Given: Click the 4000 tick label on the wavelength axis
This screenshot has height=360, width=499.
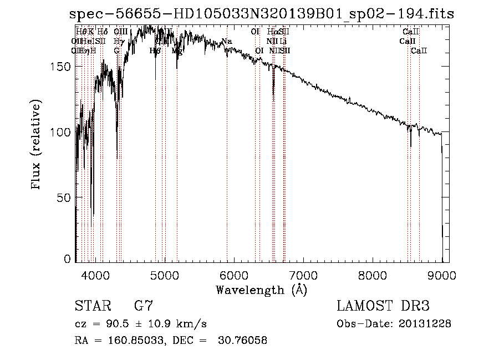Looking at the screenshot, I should [95, 274].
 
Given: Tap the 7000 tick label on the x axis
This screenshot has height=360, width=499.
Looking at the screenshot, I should [303, 274].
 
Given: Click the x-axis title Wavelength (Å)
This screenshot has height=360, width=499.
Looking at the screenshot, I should [261, 290].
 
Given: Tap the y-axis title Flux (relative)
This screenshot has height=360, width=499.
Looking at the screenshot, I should [37, 146].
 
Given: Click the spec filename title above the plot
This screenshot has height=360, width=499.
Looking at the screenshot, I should [262, 14].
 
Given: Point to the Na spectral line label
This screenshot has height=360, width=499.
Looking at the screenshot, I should [226, 42].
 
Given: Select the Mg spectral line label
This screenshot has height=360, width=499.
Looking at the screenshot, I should [177, 50].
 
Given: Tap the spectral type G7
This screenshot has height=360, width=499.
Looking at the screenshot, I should [142, 306].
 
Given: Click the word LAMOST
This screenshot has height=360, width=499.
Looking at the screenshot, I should [363, 306].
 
